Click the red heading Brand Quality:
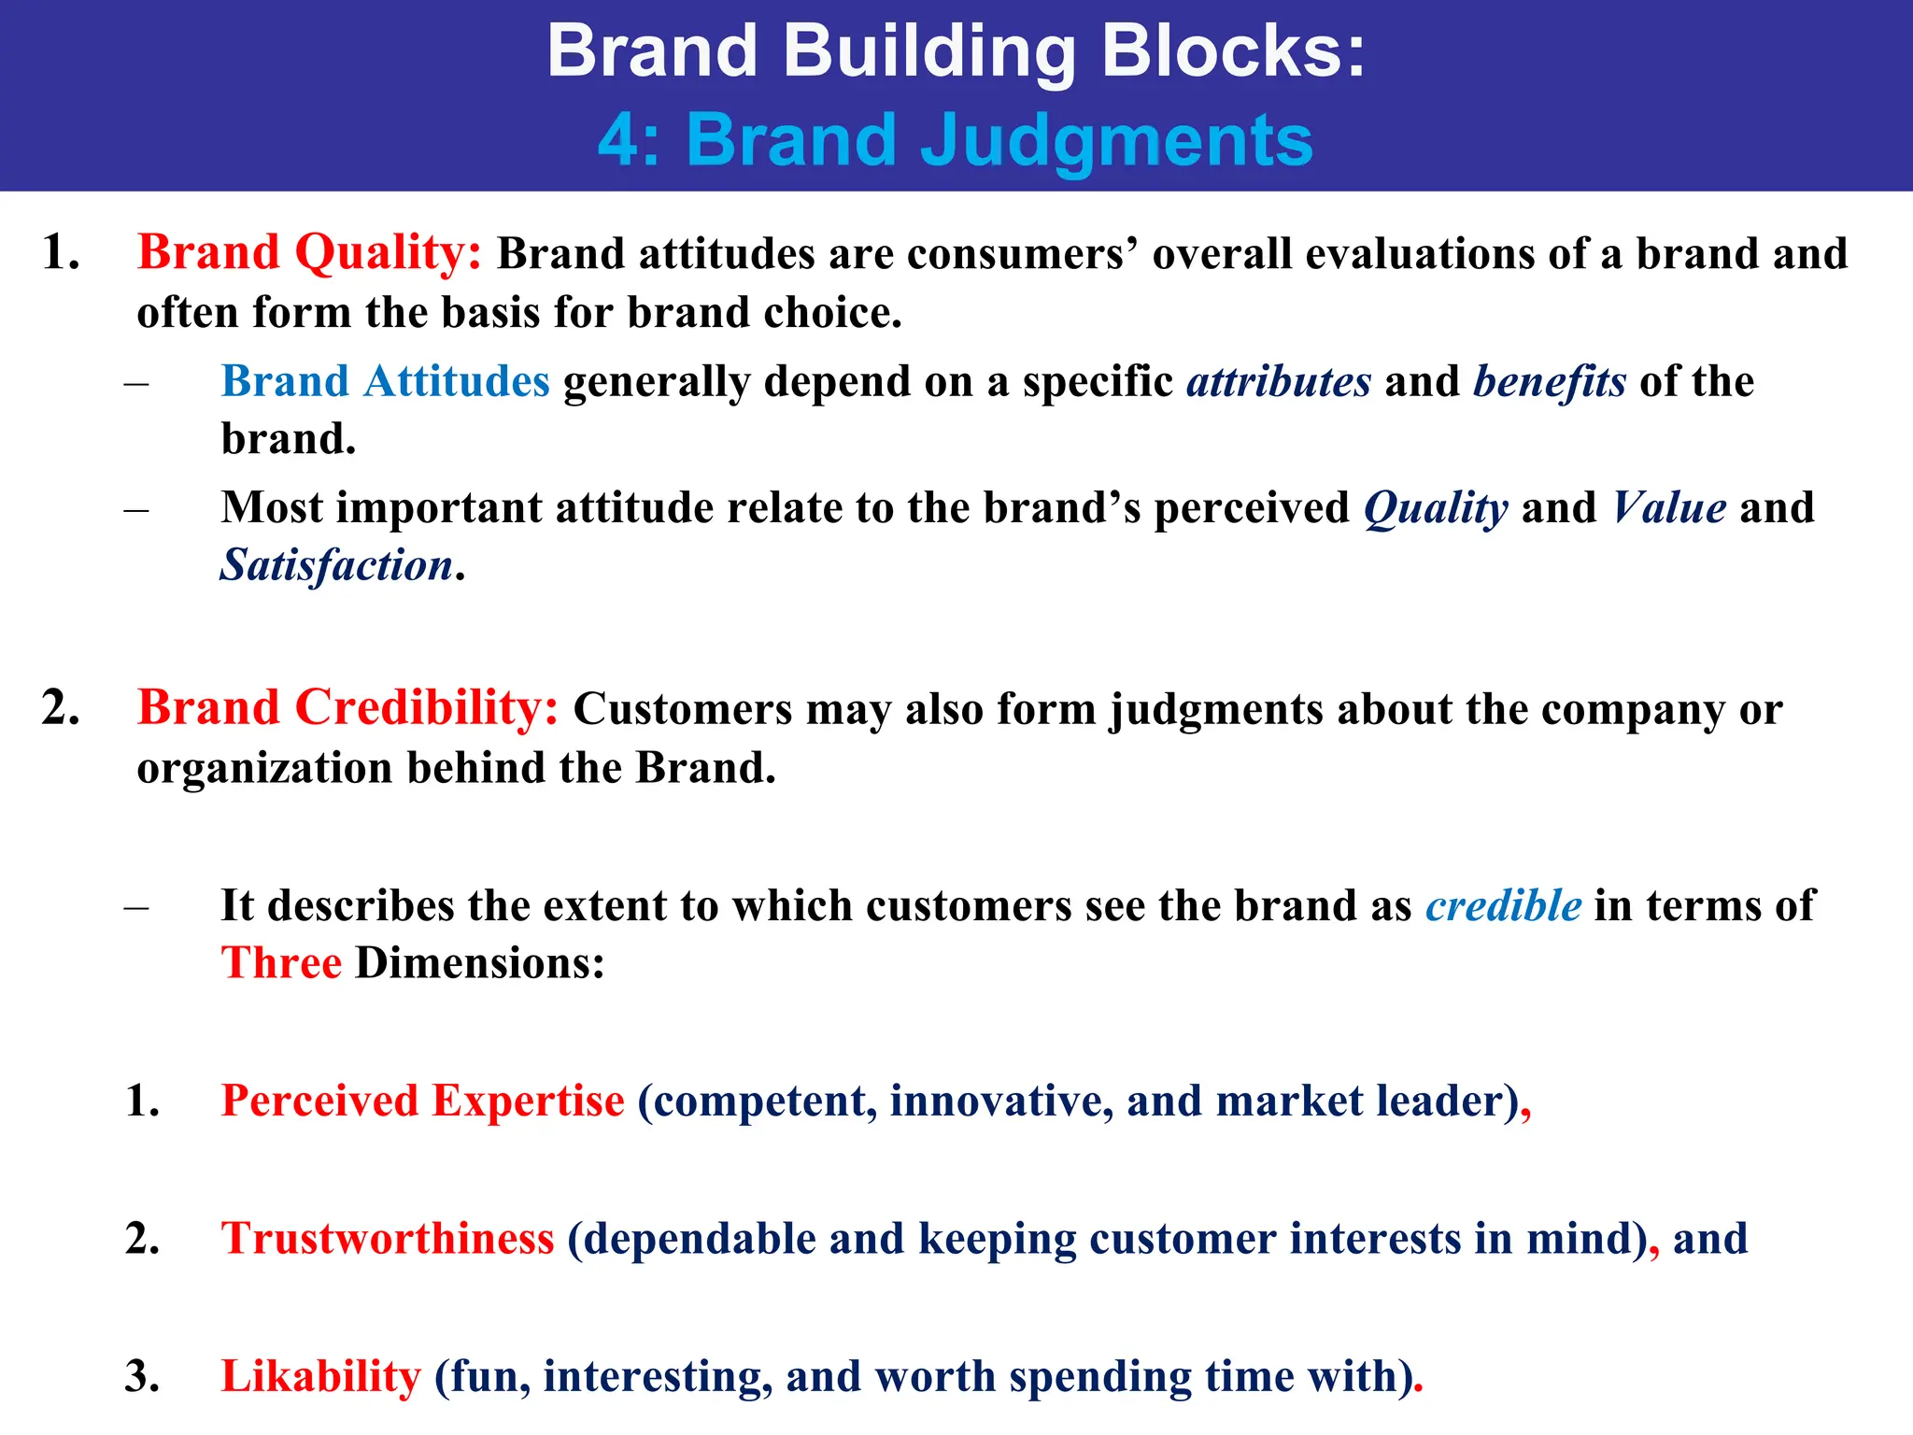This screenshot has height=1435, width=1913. (x=309, y=253)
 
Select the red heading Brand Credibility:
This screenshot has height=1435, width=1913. (x=347, y=708)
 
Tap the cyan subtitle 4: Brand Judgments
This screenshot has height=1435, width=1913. (x=956, y=140)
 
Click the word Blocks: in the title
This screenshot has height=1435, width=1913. (x=1233, y=50)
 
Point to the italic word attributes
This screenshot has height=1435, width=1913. (x=1278, y=382)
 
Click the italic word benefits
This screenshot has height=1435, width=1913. (x=1549, y=382)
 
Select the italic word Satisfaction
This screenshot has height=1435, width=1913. (x=336, y=565)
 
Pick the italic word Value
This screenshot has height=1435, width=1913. (x=1668, y=508)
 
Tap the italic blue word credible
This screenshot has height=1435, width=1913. (x=1503, y=905)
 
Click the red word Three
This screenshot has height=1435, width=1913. (x=281, y=963)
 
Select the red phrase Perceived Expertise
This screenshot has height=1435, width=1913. (x=422, y=1101)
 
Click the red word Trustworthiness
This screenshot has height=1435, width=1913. (x=388, y=1239)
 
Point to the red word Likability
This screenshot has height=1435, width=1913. (x=321, y=1376)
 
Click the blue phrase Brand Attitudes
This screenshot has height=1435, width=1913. (x=385, y=382)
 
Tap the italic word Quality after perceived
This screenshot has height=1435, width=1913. (x=1436, y=508)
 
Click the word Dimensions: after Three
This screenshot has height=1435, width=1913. (x=480, y=963)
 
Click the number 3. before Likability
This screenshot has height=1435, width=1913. (x=142, y=1376)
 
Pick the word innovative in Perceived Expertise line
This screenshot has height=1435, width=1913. (x=1000, y=1101)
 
